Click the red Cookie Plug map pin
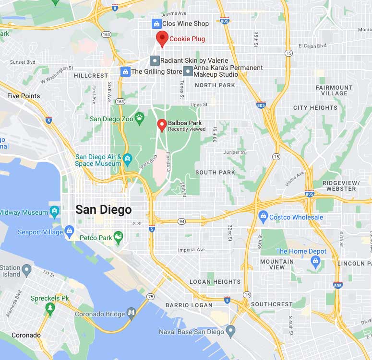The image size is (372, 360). (x=162, y=38)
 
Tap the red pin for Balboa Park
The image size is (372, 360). (x=162, y=125)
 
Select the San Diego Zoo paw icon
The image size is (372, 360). (x=139, y=117)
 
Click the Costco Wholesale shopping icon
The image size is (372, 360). (x=263, y=217)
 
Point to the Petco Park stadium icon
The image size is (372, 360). (x=118, y=236)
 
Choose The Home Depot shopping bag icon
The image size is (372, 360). (x=315, y=261)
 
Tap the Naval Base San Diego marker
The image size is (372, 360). (x=231, y=331)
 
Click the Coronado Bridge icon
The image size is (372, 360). (x=131, y=312)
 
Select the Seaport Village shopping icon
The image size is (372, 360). (x=70, y=232)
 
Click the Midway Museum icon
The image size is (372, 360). (x=54, y=212)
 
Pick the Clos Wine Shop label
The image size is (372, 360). (x=185, y=23)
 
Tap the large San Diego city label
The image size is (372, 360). (x=103, y=210)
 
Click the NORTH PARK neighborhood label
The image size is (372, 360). (x=215, y=85)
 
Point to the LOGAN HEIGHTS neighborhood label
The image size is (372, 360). (x=215, y=282)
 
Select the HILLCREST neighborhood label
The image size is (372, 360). (x=91, y=76)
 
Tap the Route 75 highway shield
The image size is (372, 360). (x=151, y=297)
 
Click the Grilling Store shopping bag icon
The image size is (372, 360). (x=125, y=71)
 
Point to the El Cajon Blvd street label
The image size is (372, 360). (x=312, y=46)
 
